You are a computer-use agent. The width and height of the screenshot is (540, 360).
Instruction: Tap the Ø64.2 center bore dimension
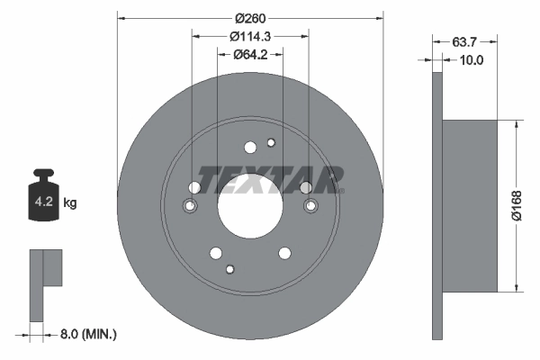point(252,56)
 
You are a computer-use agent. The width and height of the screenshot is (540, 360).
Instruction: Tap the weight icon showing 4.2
point(45,198)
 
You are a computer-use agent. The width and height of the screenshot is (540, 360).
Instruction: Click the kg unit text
point(70,203)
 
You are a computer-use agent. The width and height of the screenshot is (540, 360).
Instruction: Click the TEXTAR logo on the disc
point(269,179)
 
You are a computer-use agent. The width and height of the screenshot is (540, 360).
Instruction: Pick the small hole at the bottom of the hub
point(230,268)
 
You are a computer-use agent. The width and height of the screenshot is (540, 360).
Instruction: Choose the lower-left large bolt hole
point(216,253)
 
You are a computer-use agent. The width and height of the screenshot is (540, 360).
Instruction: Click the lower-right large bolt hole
point(284,253)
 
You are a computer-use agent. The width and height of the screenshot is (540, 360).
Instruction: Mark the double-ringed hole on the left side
point(190,207)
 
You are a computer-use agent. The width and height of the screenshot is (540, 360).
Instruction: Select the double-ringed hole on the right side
point(311,207)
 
